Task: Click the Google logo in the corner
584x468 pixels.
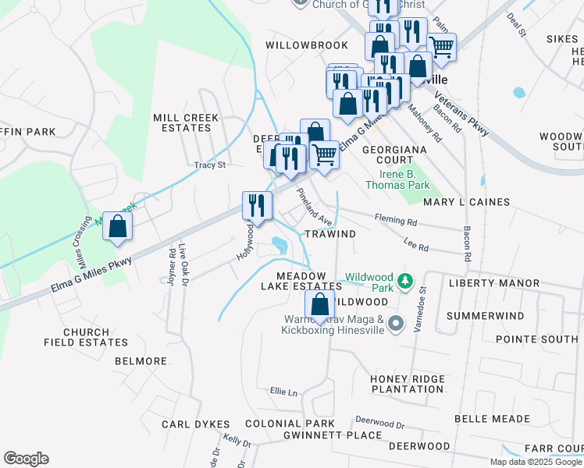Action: point(26,459)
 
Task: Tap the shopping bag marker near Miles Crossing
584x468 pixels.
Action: point(117,227)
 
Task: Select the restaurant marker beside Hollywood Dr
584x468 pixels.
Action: point(257,206)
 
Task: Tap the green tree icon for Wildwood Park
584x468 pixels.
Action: point(404,280)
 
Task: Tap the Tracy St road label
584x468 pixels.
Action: point(209,165)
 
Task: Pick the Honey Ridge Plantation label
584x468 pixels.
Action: point(407,383)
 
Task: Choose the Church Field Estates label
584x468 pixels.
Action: point(86,338)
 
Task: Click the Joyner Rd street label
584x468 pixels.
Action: point(172,267)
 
